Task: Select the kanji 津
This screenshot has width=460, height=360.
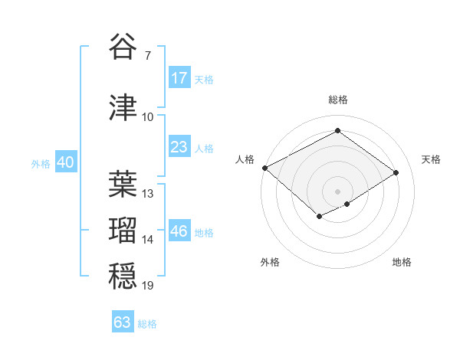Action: coord(123,107)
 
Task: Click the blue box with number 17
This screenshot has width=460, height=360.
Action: coord(179,78)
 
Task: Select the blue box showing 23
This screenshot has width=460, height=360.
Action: coord(179,147)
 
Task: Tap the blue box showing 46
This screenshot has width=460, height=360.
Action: coord(179,231)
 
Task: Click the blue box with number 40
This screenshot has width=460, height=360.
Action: coord(65,162)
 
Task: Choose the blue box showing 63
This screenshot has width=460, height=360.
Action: coord(123,322)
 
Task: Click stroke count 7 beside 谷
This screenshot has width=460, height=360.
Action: coord(147,56)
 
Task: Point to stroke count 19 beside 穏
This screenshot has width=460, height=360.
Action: coord(148,286)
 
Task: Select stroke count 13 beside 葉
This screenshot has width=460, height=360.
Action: coord(148,194)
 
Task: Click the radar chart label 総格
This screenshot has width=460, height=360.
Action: coord(338,100)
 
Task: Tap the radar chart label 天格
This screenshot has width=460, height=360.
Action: coord(431,159)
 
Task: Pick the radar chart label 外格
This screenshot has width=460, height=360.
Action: coord(270,262)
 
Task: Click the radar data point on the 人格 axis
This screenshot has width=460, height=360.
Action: coord(264,168)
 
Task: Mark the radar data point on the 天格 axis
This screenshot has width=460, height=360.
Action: coord(396,173)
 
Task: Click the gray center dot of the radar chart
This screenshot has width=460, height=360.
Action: coord(337,191)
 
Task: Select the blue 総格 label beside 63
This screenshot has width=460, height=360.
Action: coord(147,324)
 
